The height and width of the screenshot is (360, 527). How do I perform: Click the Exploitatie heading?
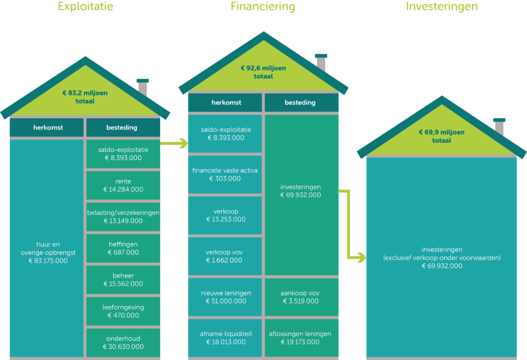pyautogui.click(x=85, y=7)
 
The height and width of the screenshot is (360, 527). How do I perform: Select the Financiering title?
pyautogui.click(x=263, y=7)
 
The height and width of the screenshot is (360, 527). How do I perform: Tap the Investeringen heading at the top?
pyautogui.click(x=442, y=7)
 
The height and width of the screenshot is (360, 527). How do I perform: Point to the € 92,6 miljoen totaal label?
pyautogui.click(x=263, y=72)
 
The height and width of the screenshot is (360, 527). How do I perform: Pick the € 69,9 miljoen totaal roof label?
pyautogui.click(x=441, y=136)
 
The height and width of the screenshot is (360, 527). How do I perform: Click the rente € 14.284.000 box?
pyautogui.click(x=123, y=185)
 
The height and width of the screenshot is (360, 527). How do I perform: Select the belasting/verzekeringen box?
pyautogui.click(x=123, y=217)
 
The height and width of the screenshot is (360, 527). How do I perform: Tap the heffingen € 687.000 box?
pyautogui.click(x=123, y=248)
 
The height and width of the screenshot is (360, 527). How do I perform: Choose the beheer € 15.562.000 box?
pyautogui.click(x=123, y=280)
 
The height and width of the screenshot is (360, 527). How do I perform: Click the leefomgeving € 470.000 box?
pyautogui.click(x=123, y=311)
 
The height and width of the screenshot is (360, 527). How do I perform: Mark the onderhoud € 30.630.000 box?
pyautogui.click(x=123, y=342)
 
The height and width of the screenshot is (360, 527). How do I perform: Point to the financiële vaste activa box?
pyautogui.click(x=225, y=175)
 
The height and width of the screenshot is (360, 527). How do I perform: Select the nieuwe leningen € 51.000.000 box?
pyautogui.click(x=225, y=297)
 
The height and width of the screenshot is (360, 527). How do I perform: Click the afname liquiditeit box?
pyautogui.click(x=225, y=338)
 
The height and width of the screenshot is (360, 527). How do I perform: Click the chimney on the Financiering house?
pyautogui.click(x=321, y=62)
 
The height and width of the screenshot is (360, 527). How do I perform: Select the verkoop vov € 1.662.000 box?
pyautogui.click(x=225, y=256)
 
